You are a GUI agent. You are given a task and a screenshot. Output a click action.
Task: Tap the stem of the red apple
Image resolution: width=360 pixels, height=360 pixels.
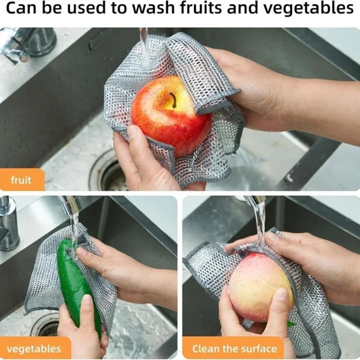coord(174,100)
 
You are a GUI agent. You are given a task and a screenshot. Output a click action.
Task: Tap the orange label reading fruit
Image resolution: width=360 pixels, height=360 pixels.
coord(21,180)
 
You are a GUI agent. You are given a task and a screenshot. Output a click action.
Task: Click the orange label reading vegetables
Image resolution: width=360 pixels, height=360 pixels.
coord(34,348)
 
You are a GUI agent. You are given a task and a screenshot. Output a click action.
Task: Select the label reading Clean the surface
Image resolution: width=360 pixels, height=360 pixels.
coord(234,348)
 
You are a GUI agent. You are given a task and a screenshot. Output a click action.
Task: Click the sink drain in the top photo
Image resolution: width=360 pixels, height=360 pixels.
coord(108,173)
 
